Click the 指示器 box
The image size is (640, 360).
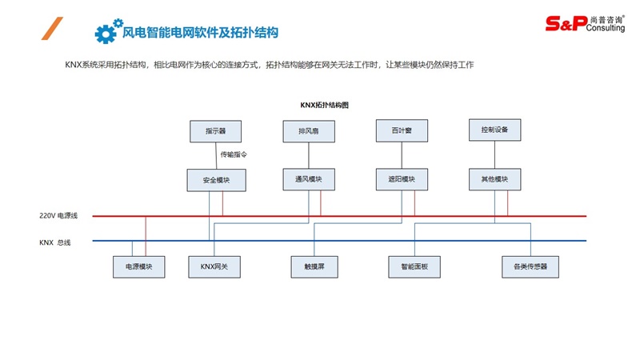coord(215,131)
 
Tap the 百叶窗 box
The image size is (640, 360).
coord(402,130)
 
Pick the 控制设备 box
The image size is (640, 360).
coord(494,130)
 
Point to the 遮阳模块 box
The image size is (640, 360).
coord(402,179)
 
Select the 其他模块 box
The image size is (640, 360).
coord(494,179)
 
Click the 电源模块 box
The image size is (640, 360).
coord(138,266)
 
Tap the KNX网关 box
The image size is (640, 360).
coord(214,266)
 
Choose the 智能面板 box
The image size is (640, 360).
coord(414,266)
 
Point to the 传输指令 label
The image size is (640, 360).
coord(234,154)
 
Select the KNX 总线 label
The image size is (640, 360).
coord(55,242)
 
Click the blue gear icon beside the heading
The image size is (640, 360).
coord(106,32)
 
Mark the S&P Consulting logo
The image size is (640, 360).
coord(586,23)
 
